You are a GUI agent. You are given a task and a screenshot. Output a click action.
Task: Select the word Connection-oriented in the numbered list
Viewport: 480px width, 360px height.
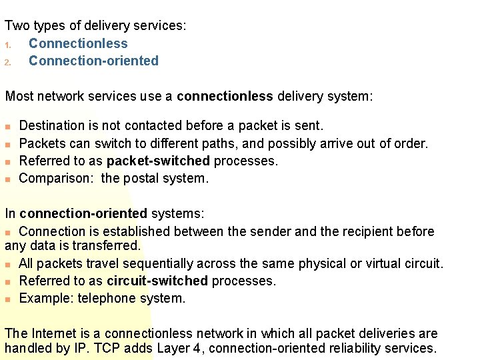[x=93, y=61]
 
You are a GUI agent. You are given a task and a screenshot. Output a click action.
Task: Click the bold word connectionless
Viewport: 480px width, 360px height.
[x=225, y=96]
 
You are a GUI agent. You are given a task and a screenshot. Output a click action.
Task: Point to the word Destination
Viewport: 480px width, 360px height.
[x=53, y=125]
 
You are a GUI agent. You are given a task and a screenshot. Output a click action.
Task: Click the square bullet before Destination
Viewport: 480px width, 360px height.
[x=8, y=126]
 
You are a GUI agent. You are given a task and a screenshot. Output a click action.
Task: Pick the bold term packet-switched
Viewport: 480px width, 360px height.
[x=158, y=161]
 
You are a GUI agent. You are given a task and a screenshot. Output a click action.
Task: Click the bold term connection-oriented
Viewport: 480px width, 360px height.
[x=83, y=214]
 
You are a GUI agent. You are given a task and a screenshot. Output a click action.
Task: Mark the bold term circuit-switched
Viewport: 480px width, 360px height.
[x=157, y=281]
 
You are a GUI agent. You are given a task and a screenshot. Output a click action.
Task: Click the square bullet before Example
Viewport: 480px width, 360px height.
[x=8, y=299]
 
